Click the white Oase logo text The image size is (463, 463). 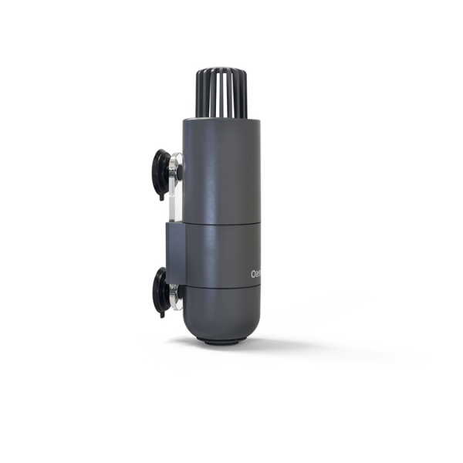point(257,274)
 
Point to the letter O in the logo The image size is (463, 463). point(254,274)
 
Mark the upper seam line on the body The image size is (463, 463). point(222,225)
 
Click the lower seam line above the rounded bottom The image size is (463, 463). point(222,287)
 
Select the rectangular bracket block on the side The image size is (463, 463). point(174,251)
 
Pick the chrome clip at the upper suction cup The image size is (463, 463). point(177,166)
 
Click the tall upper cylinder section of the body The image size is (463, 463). point(221,170)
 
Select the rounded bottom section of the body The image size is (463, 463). point(221,313)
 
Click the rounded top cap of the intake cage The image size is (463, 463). point(221,72)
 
